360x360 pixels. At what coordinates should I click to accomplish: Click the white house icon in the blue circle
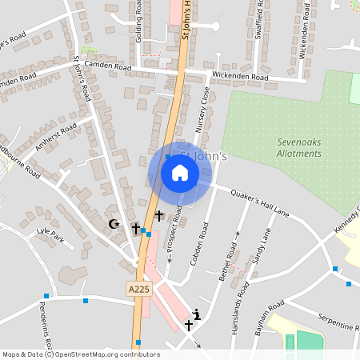180,172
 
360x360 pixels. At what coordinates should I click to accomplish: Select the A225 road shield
138,288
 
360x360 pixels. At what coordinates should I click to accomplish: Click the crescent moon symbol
114,224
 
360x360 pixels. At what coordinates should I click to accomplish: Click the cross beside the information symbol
189,326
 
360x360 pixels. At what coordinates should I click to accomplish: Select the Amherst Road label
56,137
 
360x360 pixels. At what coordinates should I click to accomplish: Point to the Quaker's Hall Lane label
259,203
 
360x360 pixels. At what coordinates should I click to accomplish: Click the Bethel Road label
230,258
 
